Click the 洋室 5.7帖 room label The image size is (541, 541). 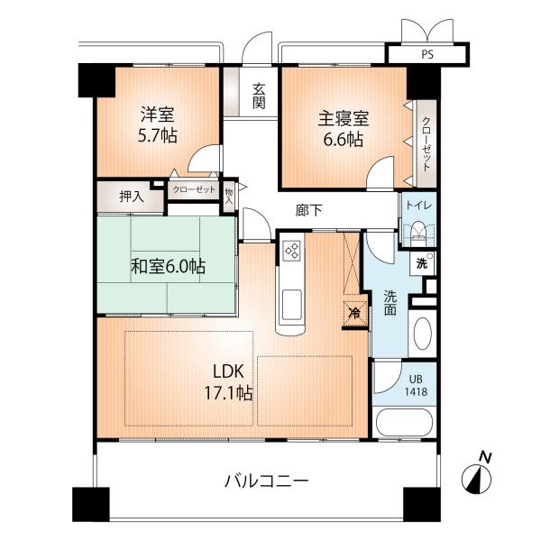point(157,125)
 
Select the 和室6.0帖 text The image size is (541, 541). point(168,266)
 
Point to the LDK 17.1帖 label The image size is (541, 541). point(232,381)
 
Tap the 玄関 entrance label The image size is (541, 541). point(259,96)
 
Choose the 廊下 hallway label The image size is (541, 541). point(309,210)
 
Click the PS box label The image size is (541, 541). point(426,54)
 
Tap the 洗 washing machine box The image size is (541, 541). point(420,265)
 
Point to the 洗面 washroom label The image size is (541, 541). point(390,302)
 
